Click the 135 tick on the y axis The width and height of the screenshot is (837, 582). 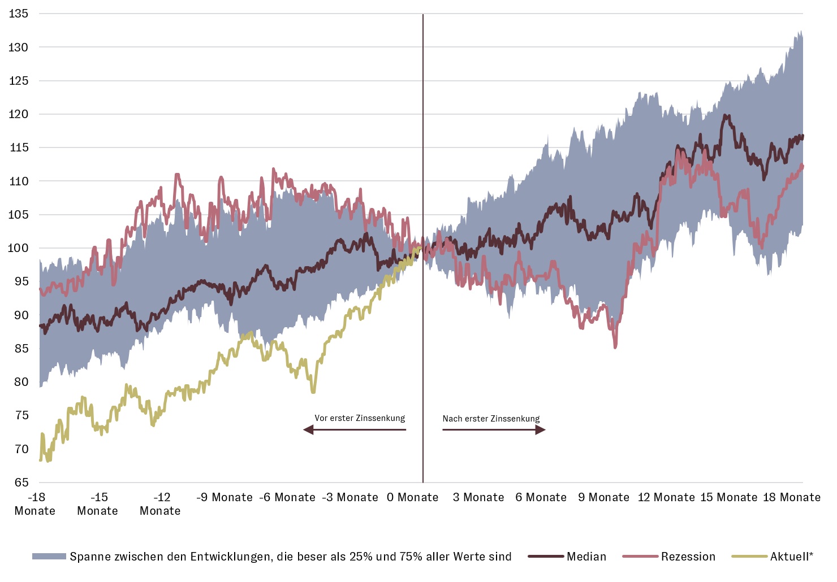point(19,14)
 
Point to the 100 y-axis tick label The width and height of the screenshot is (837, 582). point(19,248)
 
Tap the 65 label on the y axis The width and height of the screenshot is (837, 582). point(21,483)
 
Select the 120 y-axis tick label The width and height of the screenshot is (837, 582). point(19,114)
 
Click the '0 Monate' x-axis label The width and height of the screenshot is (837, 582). point(412,497)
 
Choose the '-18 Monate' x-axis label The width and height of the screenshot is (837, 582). point(35,504)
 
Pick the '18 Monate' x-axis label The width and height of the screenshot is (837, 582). point(791,497)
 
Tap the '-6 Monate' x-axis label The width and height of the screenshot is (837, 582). point(287,497)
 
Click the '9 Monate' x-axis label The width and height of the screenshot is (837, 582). point(603,497)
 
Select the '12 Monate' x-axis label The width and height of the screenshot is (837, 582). point(666,497)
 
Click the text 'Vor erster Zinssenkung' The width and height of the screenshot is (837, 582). point(360,419)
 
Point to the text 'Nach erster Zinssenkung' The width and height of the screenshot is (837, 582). point(491,419)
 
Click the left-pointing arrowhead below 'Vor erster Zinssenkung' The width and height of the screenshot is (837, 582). point(308,430)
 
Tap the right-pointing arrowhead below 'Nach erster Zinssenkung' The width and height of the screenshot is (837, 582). point(541,430)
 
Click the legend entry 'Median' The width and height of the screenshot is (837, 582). point(586,557)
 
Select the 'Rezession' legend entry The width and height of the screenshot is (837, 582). point(688,557)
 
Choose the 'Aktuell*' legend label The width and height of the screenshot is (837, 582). point(791,557)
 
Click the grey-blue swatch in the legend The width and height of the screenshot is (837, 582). point(49,557)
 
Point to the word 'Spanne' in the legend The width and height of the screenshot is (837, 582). point(89,557)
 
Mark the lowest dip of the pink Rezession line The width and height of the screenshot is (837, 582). point(615,346)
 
